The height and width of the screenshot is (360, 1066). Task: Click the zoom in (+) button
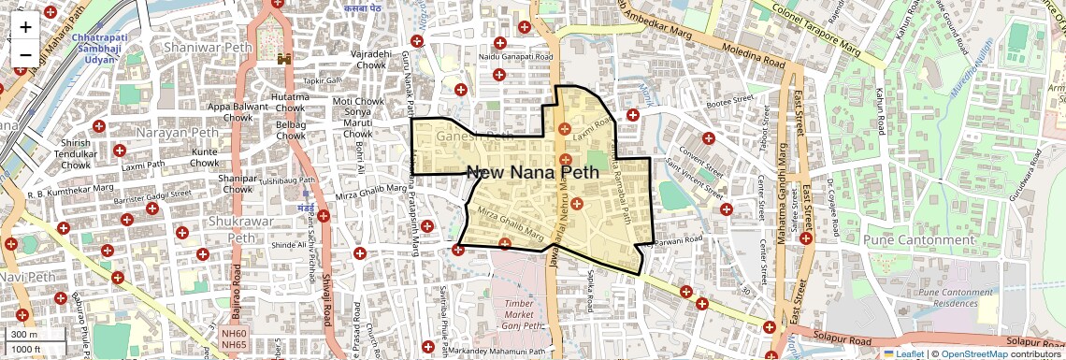coord(25,26)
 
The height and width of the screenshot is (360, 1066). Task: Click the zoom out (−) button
coord(25,54)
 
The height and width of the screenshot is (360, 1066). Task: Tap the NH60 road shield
coord(234,334)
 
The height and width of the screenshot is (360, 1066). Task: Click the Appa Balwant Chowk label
coord(231,112)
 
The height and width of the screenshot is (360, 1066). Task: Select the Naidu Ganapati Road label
coord(515,57)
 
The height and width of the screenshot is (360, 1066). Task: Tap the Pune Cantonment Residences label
coord(954,298)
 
